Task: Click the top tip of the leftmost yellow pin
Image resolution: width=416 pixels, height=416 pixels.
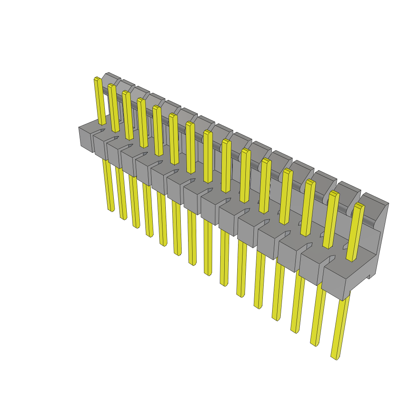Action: click(97, 78)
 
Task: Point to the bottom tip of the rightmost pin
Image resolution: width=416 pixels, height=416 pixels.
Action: click(335, 357)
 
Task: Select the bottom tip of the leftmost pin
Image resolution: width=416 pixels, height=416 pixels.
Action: click(110, 210)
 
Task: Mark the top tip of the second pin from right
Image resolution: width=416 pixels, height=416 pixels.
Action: click(334, 193)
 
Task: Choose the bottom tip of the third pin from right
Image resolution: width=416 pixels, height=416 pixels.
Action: click(294, 331)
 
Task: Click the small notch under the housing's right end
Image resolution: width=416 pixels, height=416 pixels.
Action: click(369, 277)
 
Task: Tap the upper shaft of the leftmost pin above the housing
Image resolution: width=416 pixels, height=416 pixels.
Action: click(100, 102)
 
